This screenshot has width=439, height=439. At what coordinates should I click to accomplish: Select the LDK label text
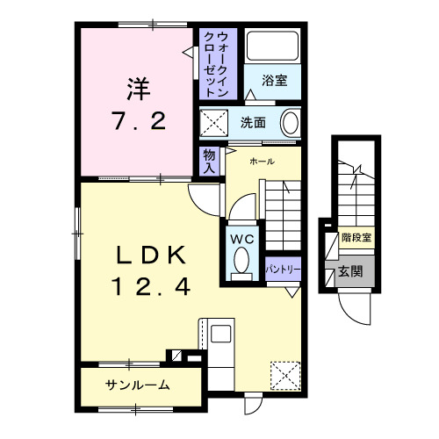pyautogui.click(x=150, y=255)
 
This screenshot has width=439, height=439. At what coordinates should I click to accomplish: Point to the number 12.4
pyautogui.click(x=150, y=286)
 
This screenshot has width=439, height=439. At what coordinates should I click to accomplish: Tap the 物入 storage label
pyautogui.click(x=208, y=160)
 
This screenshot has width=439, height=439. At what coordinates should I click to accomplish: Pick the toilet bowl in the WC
pyautogui.click(x=241, y=261)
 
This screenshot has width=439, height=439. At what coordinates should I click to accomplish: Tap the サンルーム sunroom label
pyautogui.click(x=137, y=385)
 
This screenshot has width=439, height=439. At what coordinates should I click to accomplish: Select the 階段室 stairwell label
pyautogui.click(x=356, y=238)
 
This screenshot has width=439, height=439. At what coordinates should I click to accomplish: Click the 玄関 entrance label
pyautogui.click(x=351, y=272)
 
